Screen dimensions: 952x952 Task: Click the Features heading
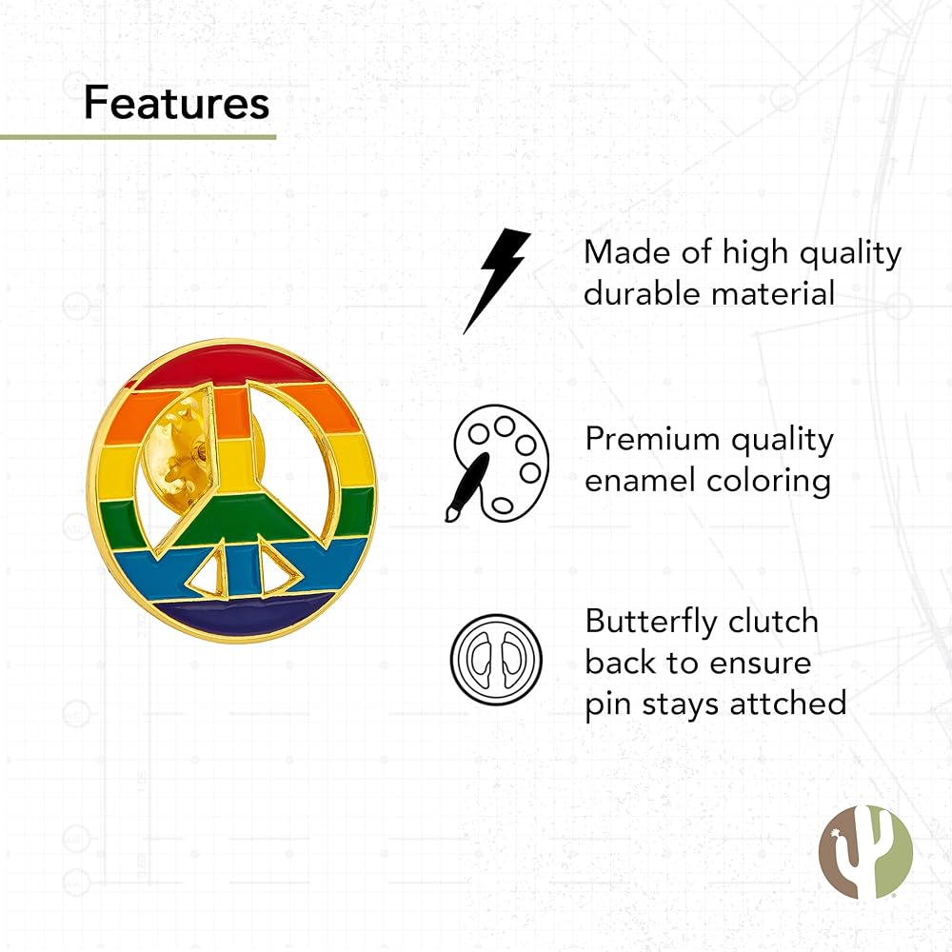point(177,102)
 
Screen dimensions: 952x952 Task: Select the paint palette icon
point(498,463)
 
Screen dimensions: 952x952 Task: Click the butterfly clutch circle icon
point(496,660)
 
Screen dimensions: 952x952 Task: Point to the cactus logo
point(865,852)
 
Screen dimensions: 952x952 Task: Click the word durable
point(642,293)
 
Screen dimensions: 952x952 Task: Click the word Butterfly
point(651,623)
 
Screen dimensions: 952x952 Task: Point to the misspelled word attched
point(788,704)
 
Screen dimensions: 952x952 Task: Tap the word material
point(773,293)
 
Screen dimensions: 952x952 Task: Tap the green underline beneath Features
point(138,137)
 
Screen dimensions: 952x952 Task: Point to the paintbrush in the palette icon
point(468,486)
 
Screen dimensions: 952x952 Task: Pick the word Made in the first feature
point(627,252)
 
